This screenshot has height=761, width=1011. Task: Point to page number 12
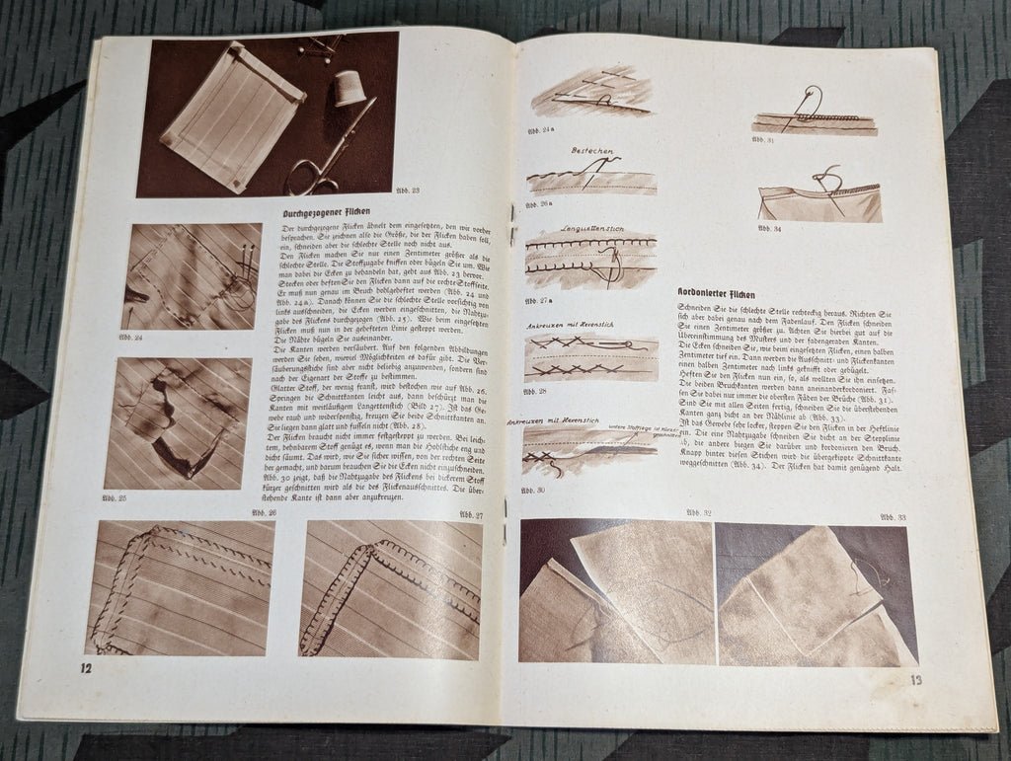pyautogui.click(x=86, y=670)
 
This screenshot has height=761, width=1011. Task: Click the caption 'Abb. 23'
pyautogui.click(x=407, y=190)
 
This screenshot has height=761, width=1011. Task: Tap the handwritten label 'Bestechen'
pyautogui.click(x=592, y=152)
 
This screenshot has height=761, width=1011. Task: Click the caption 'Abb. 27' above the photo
pyautogui.click(x=471, y=514)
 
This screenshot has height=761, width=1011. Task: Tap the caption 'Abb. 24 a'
pyautogui.click(x=542, y=129)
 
